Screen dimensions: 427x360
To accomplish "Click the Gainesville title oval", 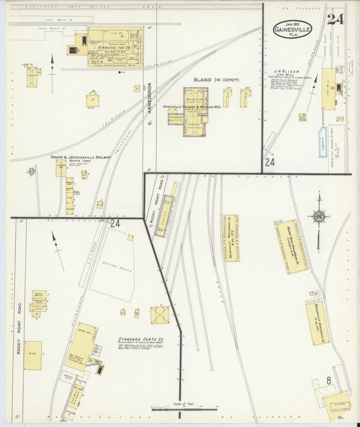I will pos(292,29).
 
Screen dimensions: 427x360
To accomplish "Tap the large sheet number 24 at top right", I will pos(335,19).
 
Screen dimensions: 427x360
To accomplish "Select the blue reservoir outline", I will pos(323,142).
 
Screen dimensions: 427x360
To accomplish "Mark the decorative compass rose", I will pos(318,217).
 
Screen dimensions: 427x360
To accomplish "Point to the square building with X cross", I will pos(160,315).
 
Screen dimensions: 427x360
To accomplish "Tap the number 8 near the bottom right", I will pos(328,381).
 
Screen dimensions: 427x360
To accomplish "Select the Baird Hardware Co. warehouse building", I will pos(290,247).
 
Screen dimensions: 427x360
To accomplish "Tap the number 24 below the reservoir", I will pos(269,162).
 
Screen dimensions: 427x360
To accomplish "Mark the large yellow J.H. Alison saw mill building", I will pos(328,89).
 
